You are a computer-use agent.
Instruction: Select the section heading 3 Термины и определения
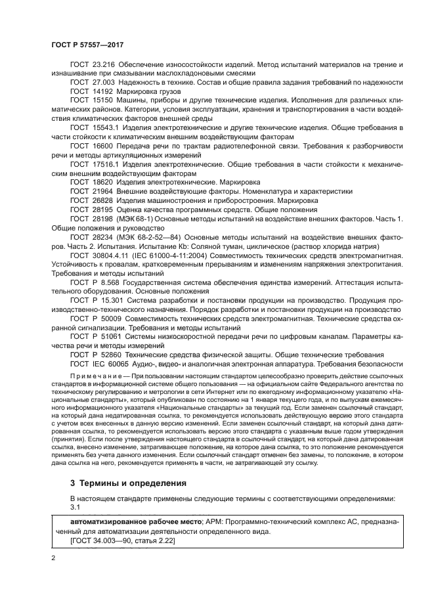point(128,483)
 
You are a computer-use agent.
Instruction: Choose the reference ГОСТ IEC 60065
point(97,362)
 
